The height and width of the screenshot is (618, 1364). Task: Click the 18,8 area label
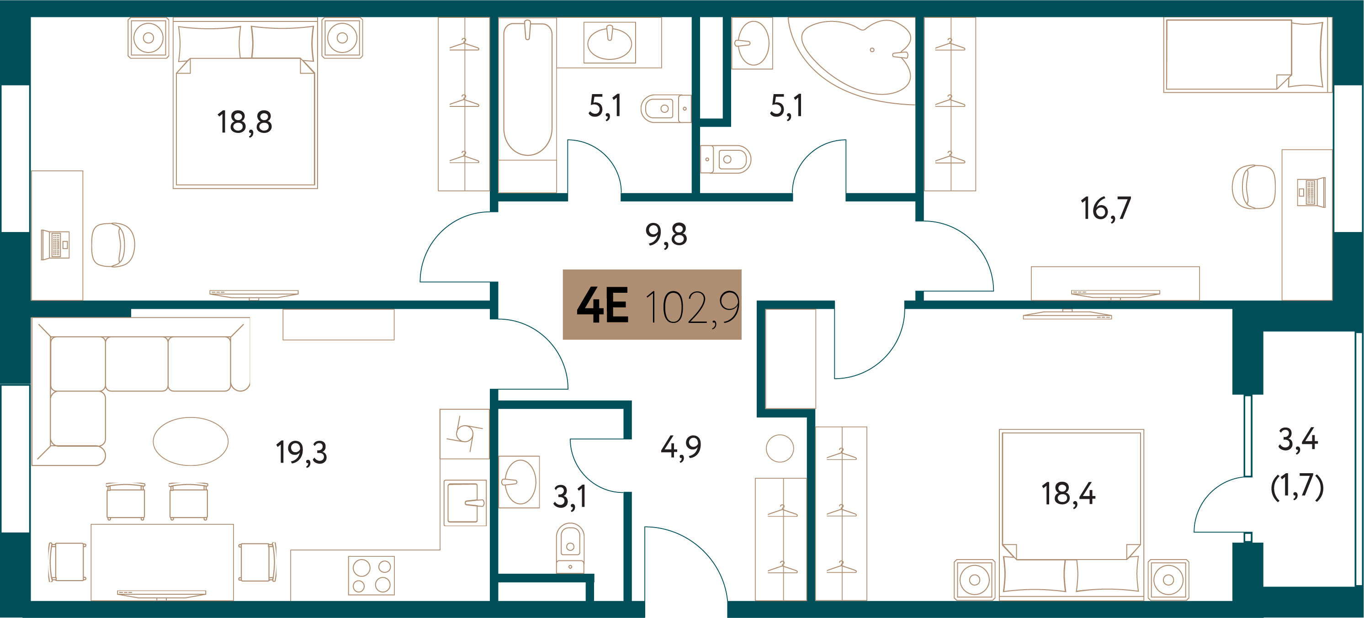coord(244,123)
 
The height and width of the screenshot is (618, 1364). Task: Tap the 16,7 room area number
coord(1106,208)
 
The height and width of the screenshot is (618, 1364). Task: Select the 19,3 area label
coord(301,452)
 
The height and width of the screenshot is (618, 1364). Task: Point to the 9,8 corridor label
coord(666,235)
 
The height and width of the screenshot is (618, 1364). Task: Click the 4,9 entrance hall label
coord(681,448)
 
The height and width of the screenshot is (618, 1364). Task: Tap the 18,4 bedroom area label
coord(1068,494)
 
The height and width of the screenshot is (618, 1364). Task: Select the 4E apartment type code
coord(603,305)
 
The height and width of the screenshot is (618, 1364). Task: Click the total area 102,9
coord(693,307)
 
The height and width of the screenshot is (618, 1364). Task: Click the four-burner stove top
coord(372,575)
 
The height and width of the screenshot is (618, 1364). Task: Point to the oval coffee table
coord(191,441)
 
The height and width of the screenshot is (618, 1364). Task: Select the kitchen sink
coord(464,502)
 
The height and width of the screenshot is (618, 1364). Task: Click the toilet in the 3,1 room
coord(570,548)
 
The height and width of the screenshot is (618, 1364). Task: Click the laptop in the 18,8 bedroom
coord(56,245)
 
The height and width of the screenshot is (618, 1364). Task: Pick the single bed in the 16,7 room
coord(1247,54)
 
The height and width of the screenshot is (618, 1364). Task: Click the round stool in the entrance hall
coord(780,449)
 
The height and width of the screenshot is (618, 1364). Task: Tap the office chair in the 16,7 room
coord(1253,187)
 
